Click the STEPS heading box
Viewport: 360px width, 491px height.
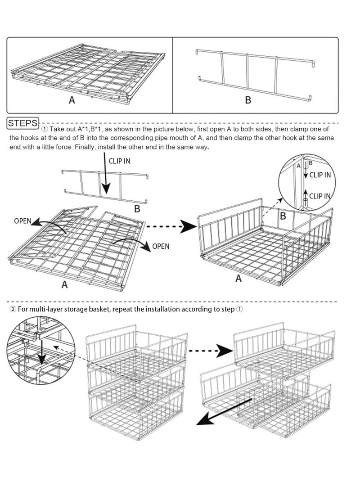23,122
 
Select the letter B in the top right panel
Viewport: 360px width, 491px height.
248,100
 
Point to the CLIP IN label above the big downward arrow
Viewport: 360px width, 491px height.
119,161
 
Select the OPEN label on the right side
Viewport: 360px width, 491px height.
161,246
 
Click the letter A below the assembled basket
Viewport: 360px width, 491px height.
238,279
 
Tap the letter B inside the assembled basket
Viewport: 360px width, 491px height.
283,216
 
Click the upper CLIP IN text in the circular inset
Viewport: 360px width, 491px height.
320,175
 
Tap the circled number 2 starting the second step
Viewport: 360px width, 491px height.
12,309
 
